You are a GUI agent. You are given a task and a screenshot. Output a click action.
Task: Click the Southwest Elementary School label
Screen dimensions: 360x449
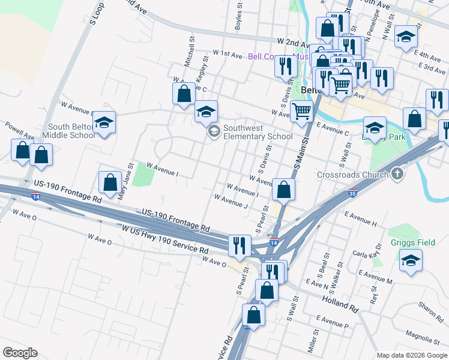pyautogui.click(x=258, y=132)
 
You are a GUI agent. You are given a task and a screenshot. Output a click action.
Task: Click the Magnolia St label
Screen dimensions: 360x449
pyautogui.click(x=423, y=333)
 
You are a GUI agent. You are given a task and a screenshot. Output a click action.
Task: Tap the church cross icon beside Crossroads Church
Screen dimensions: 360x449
pyautogui.click(x=396, y=175)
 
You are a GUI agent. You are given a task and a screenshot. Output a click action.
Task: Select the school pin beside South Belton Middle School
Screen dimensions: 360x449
pyautogui.click(x=104, y=124)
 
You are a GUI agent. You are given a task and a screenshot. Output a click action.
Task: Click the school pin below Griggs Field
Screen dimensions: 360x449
pyautogui.click(x=411, y=260)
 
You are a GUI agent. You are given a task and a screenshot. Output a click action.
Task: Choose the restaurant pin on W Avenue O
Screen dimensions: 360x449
pyautogui.click(x=239, y=245)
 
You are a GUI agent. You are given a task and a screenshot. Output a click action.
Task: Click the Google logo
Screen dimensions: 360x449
pyautogui.click(x=20, y=353)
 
